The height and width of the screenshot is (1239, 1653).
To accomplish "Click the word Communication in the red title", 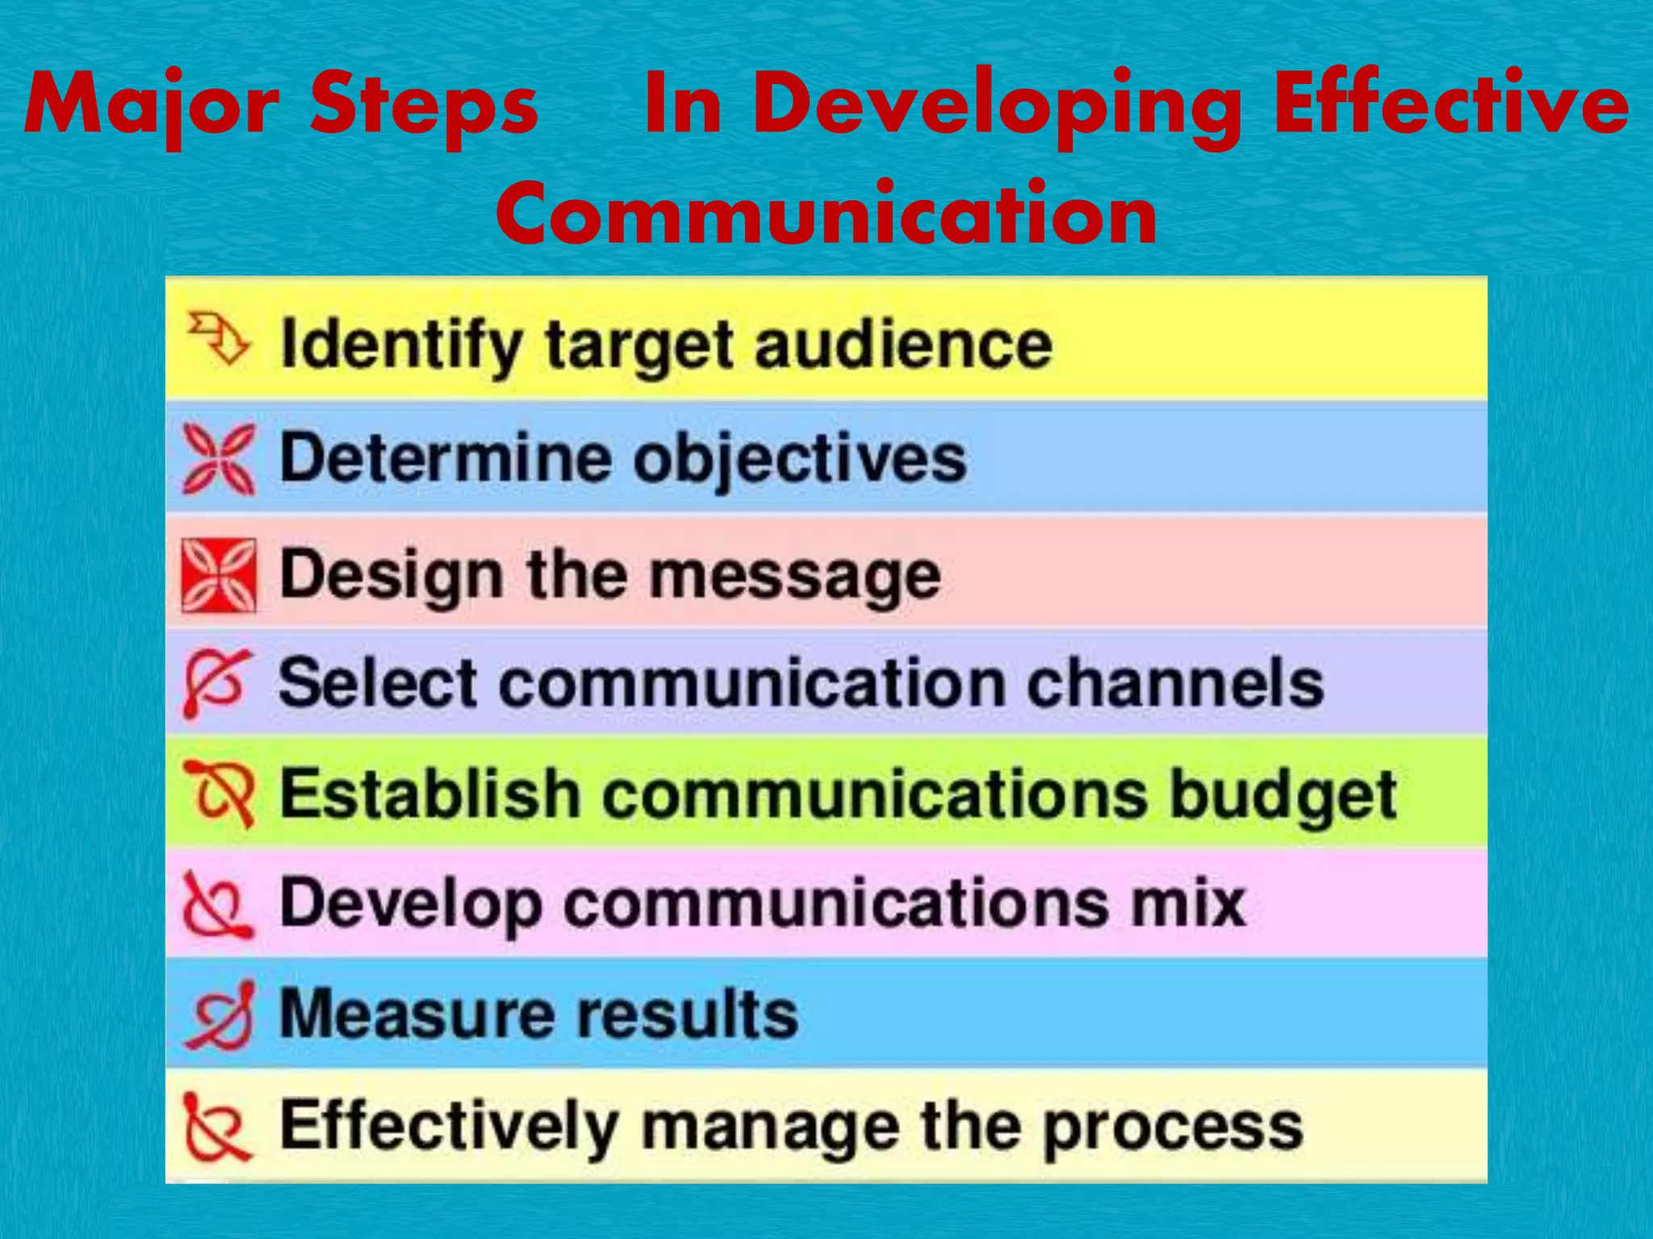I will click(x=826, y=214).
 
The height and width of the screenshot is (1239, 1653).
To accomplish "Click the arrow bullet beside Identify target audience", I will click(x=218, y=339).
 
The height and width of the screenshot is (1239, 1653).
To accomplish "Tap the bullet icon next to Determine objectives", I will click(x=219, y=458).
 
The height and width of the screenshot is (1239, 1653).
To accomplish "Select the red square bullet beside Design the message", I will click(x=219, y=575).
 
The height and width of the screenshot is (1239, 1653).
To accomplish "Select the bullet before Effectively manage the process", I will click(x=216, y=1126).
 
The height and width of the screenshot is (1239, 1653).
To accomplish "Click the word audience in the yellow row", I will click(x=903, y=345).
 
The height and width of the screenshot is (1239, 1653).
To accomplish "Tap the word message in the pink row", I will click(x=795, y=578).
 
